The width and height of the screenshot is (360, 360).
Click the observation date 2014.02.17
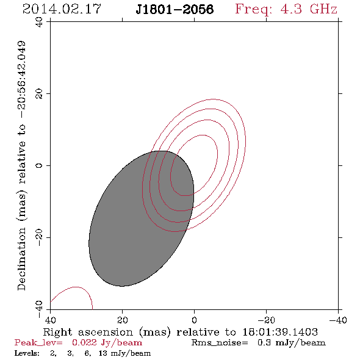62,9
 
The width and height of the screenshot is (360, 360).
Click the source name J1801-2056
175,9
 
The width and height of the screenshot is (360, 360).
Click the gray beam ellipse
141,218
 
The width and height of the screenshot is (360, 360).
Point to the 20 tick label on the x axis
123,320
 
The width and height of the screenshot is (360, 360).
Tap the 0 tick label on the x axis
194,320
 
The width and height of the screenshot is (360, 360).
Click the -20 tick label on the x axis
266,320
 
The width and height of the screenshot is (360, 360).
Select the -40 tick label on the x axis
338,320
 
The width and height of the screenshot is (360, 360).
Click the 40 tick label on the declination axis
39,22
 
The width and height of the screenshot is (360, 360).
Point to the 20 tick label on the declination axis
39,94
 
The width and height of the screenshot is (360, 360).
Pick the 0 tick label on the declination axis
39,165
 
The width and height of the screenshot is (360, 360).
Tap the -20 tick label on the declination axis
39,237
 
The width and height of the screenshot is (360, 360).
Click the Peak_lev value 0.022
84,342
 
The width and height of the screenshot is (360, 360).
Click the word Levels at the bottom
27,353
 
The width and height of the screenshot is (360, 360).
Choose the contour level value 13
103,353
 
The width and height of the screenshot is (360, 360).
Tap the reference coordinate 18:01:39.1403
280,332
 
